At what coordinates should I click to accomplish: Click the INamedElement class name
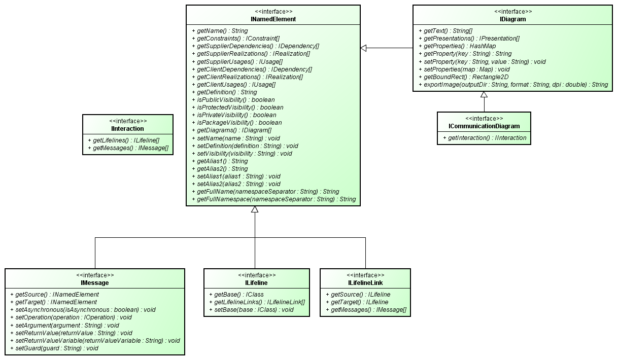pos(273,19)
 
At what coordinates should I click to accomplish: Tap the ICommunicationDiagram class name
pos(484,126)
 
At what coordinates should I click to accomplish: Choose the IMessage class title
pos(95,283)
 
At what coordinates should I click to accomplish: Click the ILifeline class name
pos(256,283)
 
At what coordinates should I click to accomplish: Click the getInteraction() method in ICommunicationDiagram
pos(485,137)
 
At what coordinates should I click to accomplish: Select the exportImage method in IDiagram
pos(513,85)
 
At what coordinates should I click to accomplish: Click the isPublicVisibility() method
pos(233,100)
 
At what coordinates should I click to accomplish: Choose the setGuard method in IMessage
pos(54,348)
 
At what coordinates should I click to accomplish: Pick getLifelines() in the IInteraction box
pos(123,140)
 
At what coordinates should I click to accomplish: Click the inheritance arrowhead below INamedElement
pos(255,209)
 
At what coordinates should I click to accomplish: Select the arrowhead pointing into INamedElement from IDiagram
pos(363,48)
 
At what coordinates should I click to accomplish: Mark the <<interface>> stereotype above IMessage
pos(95,275)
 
